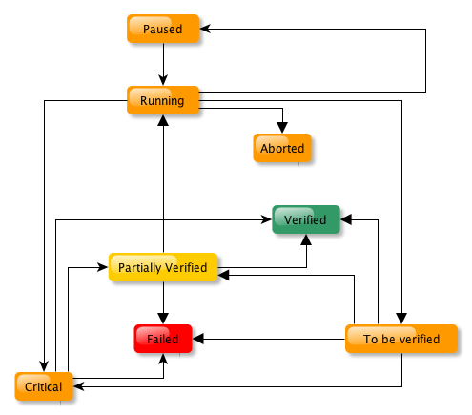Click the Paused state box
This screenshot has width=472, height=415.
(x=163, y=29)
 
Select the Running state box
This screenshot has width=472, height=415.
(x=163, y=100)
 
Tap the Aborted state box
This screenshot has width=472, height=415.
(x=282, y=148)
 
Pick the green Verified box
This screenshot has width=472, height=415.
(x=306, y=219)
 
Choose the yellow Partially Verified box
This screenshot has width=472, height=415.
(x=163, y=267)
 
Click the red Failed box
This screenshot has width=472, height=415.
(x=163, y=339)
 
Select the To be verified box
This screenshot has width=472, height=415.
(x=401, y=339)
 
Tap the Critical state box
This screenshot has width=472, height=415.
(x=44, y=386)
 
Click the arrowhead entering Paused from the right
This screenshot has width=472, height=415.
(x=205, y=29)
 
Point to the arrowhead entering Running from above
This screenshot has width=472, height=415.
(x=163, y=80)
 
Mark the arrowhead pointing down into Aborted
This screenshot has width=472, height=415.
(x=282, y=128)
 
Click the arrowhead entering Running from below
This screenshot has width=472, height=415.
(x=163, y=120)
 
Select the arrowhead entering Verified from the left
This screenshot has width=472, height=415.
(x=266, y=219)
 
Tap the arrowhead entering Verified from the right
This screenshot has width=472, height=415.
(x=346, y=219)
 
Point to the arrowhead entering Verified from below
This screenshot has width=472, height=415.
(x=306, y=239)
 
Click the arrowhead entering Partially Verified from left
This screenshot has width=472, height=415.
(x=103, y=267)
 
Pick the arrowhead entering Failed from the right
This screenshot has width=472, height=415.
(x=198, y=339)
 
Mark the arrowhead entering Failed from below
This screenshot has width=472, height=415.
(x=163, y=359)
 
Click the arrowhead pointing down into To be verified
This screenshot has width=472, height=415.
(x=401, y=319)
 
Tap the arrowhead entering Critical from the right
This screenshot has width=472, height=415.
(x=78, y=386)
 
